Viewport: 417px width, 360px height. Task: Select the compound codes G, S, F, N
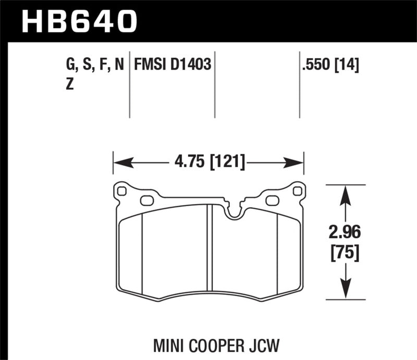click(x=94, y=65)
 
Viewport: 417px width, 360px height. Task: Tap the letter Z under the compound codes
click(x=69, y=85)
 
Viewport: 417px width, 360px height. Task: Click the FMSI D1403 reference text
click(x=173, y=65)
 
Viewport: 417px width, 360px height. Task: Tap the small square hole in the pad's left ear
click(x=122, y=191)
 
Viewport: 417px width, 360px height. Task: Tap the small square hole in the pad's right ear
click(x=297, y=191)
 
